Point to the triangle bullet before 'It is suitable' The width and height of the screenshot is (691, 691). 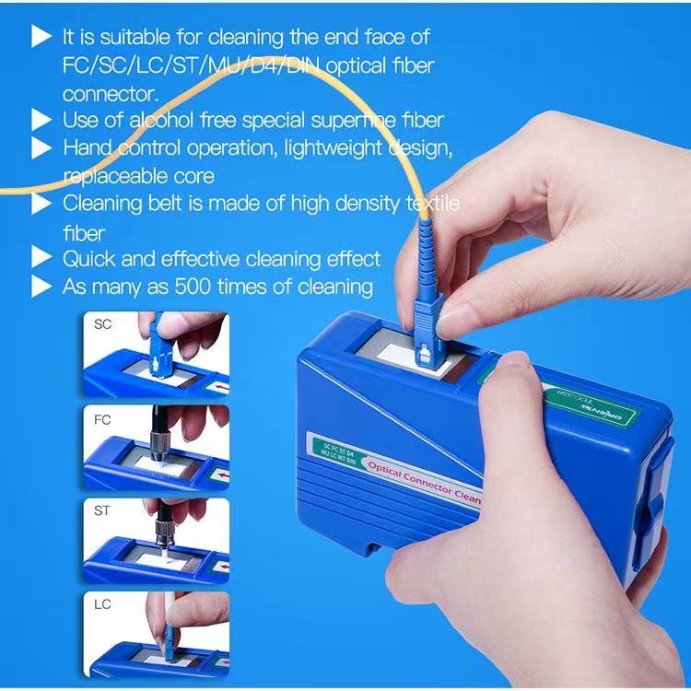pyautogui.click(x=41, y=37)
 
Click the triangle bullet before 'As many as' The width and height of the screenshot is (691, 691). pyautogui.click(x=41, y=287)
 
